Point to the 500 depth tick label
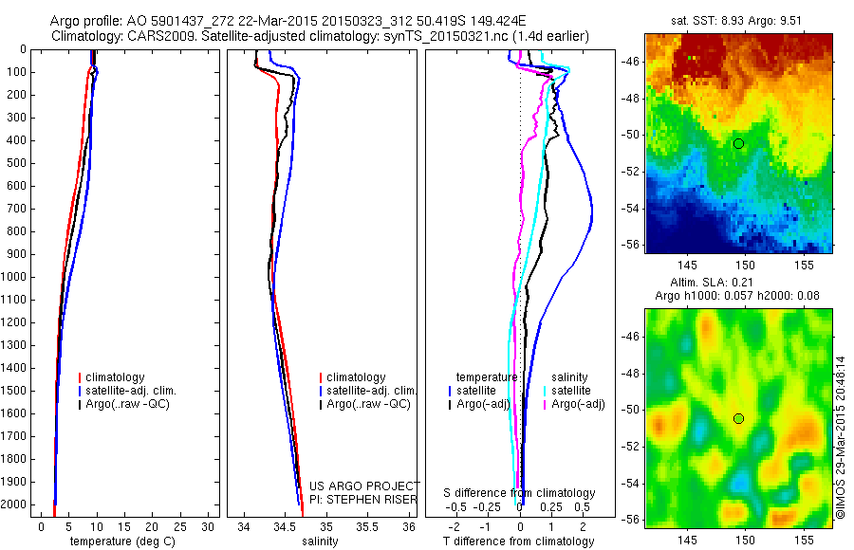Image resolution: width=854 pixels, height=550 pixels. click(14, 163)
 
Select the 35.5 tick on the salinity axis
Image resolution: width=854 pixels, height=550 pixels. click(366, 525)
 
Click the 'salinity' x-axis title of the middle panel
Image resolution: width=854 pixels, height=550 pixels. click(320, 541)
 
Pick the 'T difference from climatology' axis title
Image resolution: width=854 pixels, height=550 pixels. click(518, 541)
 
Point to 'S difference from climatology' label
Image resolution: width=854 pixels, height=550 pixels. click(519, 493)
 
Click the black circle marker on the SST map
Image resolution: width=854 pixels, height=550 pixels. click(738, 143)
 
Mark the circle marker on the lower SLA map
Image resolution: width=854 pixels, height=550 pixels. click(738, 418)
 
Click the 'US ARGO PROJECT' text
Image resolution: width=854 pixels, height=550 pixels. click(364, 486)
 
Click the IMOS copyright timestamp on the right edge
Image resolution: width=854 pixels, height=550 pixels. click(841, 438)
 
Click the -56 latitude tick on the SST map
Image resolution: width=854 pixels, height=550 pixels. click(631, 243)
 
